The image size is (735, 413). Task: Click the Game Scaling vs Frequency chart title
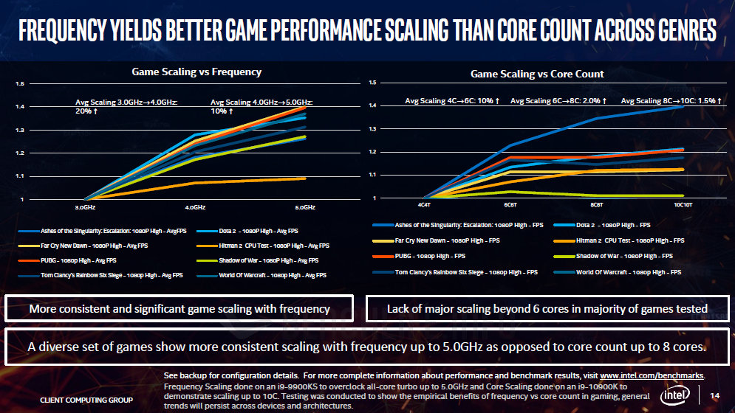[x=196, y=72]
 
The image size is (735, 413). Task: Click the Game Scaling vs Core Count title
[x=537, y=74]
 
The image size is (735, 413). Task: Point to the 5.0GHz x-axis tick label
[x=304, y=207]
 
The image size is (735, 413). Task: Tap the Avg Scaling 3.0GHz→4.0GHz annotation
[x=126, y=106]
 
